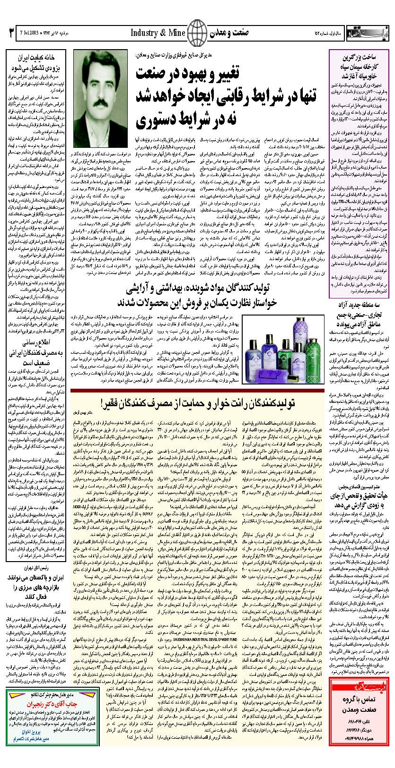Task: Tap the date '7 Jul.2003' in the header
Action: pos(29,33)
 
